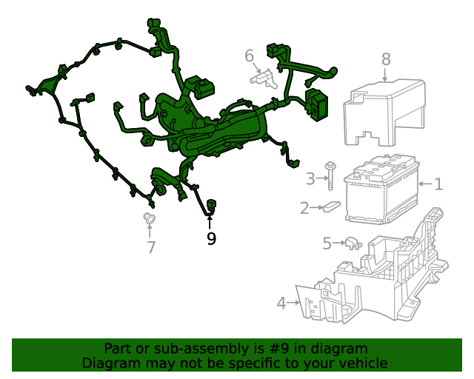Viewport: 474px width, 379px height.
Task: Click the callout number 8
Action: (x=386, y=59)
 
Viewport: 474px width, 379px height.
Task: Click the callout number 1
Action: (x=438, y=184)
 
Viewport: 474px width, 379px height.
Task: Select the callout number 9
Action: (x=212, y=239)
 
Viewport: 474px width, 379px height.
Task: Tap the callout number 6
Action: (x=249, y=56)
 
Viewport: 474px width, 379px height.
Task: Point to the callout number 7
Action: (x=151, y=247)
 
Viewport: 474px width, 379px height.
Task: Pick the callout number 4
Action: (x=281, y=303)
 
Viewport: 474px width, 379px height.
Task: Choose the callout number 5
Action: (x=327, y=244)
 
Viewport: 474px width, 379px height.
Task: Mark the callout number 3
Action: (x=310, y=179)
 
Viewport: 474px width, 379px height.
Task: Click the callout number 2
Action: (x=304, y=208)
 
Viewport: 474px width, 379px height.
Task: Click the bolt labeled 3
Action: (x=330, y=176)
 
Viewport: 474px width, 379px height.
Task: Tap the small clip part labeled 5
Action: (x=353, y=244)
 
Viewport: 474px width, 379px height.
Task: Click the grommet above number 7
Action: (x=149, y=218)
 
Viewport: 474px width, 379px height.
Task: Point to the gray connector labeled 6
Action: (x=264, y=79)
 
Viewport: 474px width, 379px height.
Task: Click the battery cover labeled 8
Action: (x=384, y=113)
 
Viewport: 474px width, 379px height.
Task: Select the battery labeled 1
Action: (x=382, y=189)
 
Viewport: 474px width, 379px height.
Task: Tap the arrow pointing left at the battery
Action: (x=425, y=184)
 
